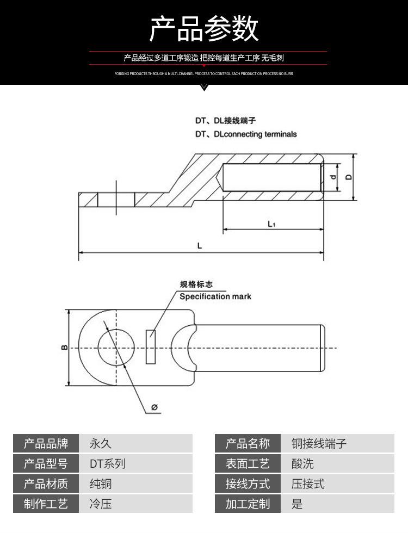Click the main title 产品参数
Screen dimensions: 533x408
tap(204, 29)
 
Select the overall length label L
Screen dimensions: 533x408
tap(200, 246)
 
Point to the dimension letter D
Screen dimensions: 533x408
tap(349, 177)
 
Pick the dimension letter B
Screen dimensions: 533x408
tap(64, 347)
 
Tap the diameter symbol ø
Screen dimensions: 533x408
tap(154, 407)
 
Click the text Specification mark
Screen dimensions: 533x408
tap(215, 296)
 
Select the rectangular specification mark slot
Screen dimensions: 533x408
tap(151, 346)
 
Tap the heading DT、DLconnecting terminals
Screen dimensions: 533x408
tap(246, 134)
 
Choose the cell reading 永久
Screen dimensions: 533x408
tap(136, 444)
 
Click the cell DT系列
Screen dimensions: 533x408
tap(136, 464)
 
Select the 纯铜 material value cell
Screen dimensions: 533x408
tap(136, 484)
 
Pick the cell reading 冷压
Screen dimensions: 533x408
tap(136, 504)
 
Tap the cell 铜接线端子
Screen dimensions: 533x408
tap(337, 444)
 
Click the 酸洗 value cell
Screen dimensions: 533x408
tap(337, 464)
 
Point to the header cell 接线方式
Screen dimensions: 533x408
tap(248, 484)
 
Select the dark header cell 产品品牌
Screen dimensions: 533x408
tap(46, 444)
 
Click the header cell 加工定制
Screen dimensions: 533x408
tap(248, 504)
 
